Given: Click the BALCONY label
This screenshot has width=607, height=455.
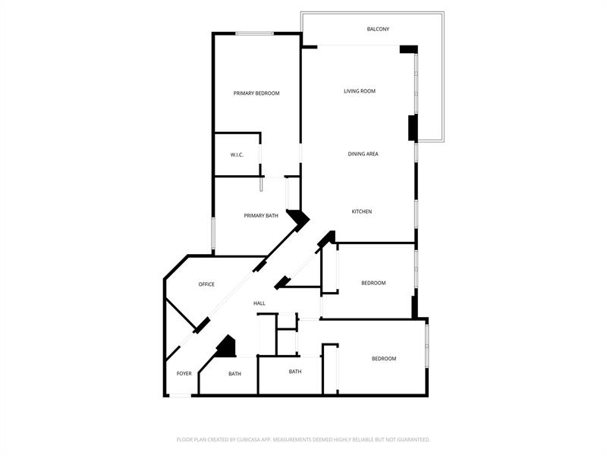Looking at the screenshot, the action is pos(378,29).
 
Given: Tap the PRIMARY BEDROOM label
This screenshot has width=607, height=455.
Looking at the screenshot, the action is pos(256,93).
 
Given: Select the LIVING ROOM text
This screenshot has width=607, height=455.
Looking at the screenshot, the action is pos(360,91).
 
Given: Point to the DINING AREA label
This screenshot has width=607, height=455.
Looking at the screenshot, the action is pos(363,154).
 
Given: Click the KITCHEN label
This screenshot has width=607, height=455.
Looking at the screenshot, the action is pos(362,212).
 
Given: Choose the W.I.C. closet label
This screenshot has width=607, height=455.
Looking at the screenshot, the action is pos(237,155).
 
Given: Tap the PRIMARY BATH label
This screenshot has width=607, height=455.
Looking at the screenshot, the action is pos(261,216).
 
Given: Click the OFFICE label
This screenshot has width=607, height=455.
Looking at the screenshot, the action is pos(206,284).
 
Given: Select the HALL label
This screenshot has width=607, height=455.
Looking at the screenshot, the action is pos(259,303).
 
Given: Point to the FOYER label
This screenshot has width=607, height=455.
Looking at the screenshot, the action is pos(184,374).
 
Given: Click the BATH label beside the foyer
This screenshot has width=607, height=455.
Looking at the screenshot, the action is pos(234,374).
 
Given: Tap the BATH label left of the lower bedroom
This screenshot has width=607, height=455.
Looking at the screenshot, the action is pos(295,372).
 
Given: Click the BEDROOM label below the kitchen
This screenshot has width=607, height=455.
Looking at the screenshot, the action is pos(373,283).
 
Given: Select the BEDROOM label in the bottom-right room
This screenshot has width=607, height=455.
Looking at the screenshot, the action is pos(384,359).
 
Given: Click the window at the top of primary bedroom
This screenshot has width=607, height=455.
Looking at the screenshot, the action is pos(255,33).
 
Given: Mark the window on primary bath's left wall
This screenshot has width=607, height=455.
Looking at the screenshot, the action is pos(213,234).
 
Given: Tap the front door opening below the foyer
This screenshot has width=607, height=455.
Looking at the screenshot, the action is pos(181,395).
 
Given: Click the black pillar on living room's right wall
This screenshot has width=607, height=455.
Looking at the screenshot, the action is pos(413,127).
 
